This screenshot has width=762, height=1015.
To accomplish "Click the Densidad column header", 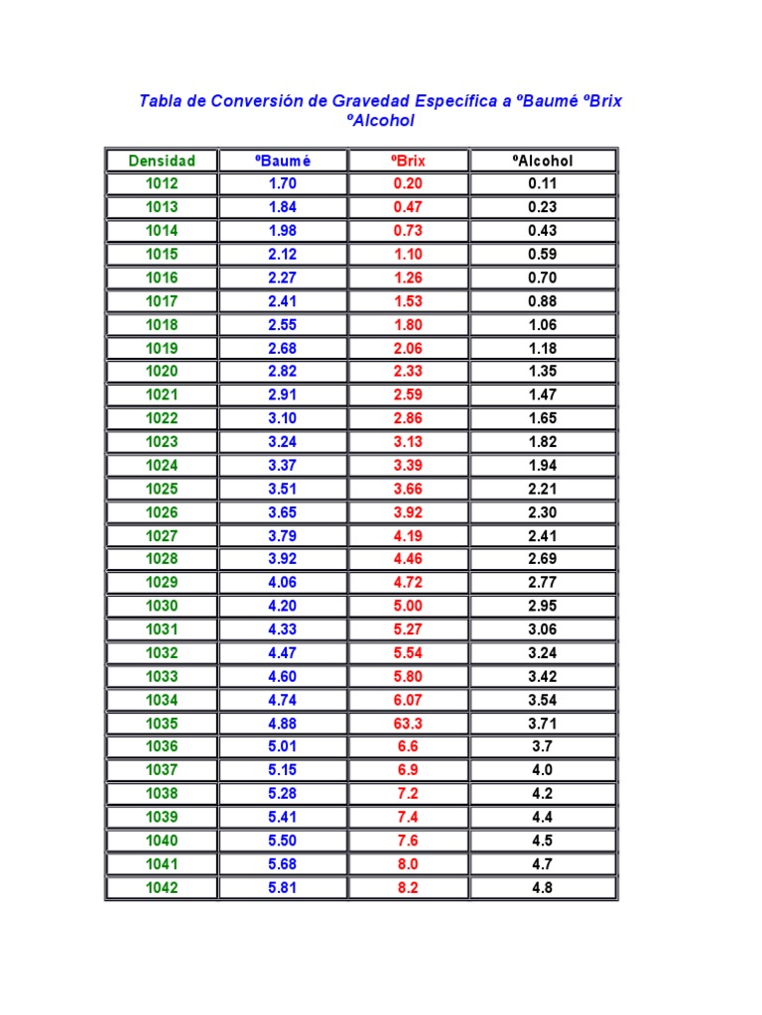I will pos(162,161).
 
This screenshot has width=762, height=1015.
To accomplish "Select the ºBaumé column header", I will pos(283,161).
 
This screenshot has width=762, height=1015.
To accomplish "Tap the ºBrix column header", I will pos(408,161).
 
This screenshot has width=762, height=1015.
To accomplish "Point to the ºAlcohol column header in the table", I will pos(543,161).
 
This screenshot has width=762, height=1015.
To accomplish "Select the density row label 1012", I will pos(162,183).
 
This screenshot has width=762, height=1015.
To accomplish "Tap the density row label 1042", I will pos(162,888).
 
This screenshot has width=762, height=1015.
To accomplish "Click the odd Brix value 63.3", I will pos(408,724).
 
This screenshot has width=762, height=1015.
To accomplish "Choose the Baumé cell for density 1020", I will pos(283,372).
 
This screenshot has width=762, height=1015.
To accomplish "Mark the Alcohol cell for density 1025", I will pos(543,489).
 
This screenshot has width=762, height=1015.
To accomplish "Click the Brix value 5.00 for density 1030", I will pos(408,606).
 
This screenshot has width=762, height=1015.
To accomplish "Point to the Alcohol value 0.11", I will pos(543,183).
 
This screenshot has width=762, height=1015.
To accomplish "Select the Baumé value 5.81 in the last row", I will pos(283,888).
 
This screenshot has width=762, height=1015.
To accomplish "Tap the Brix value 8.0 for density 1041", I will pos(408,864).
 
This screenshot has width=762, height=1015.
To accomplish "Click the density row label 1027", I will pos(162,536).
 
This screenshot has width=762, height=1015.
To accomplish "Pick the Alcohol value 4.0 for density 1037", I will pos(543,770).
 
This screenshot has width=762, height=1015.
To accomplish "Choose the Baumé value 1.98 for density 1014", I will pos(283,231).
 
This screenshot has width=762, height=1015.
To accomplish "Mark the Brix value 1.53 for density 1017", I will pos(408,301).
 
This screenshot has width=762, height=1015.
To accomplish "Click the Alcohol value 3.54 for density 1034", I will pos(543,700).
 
